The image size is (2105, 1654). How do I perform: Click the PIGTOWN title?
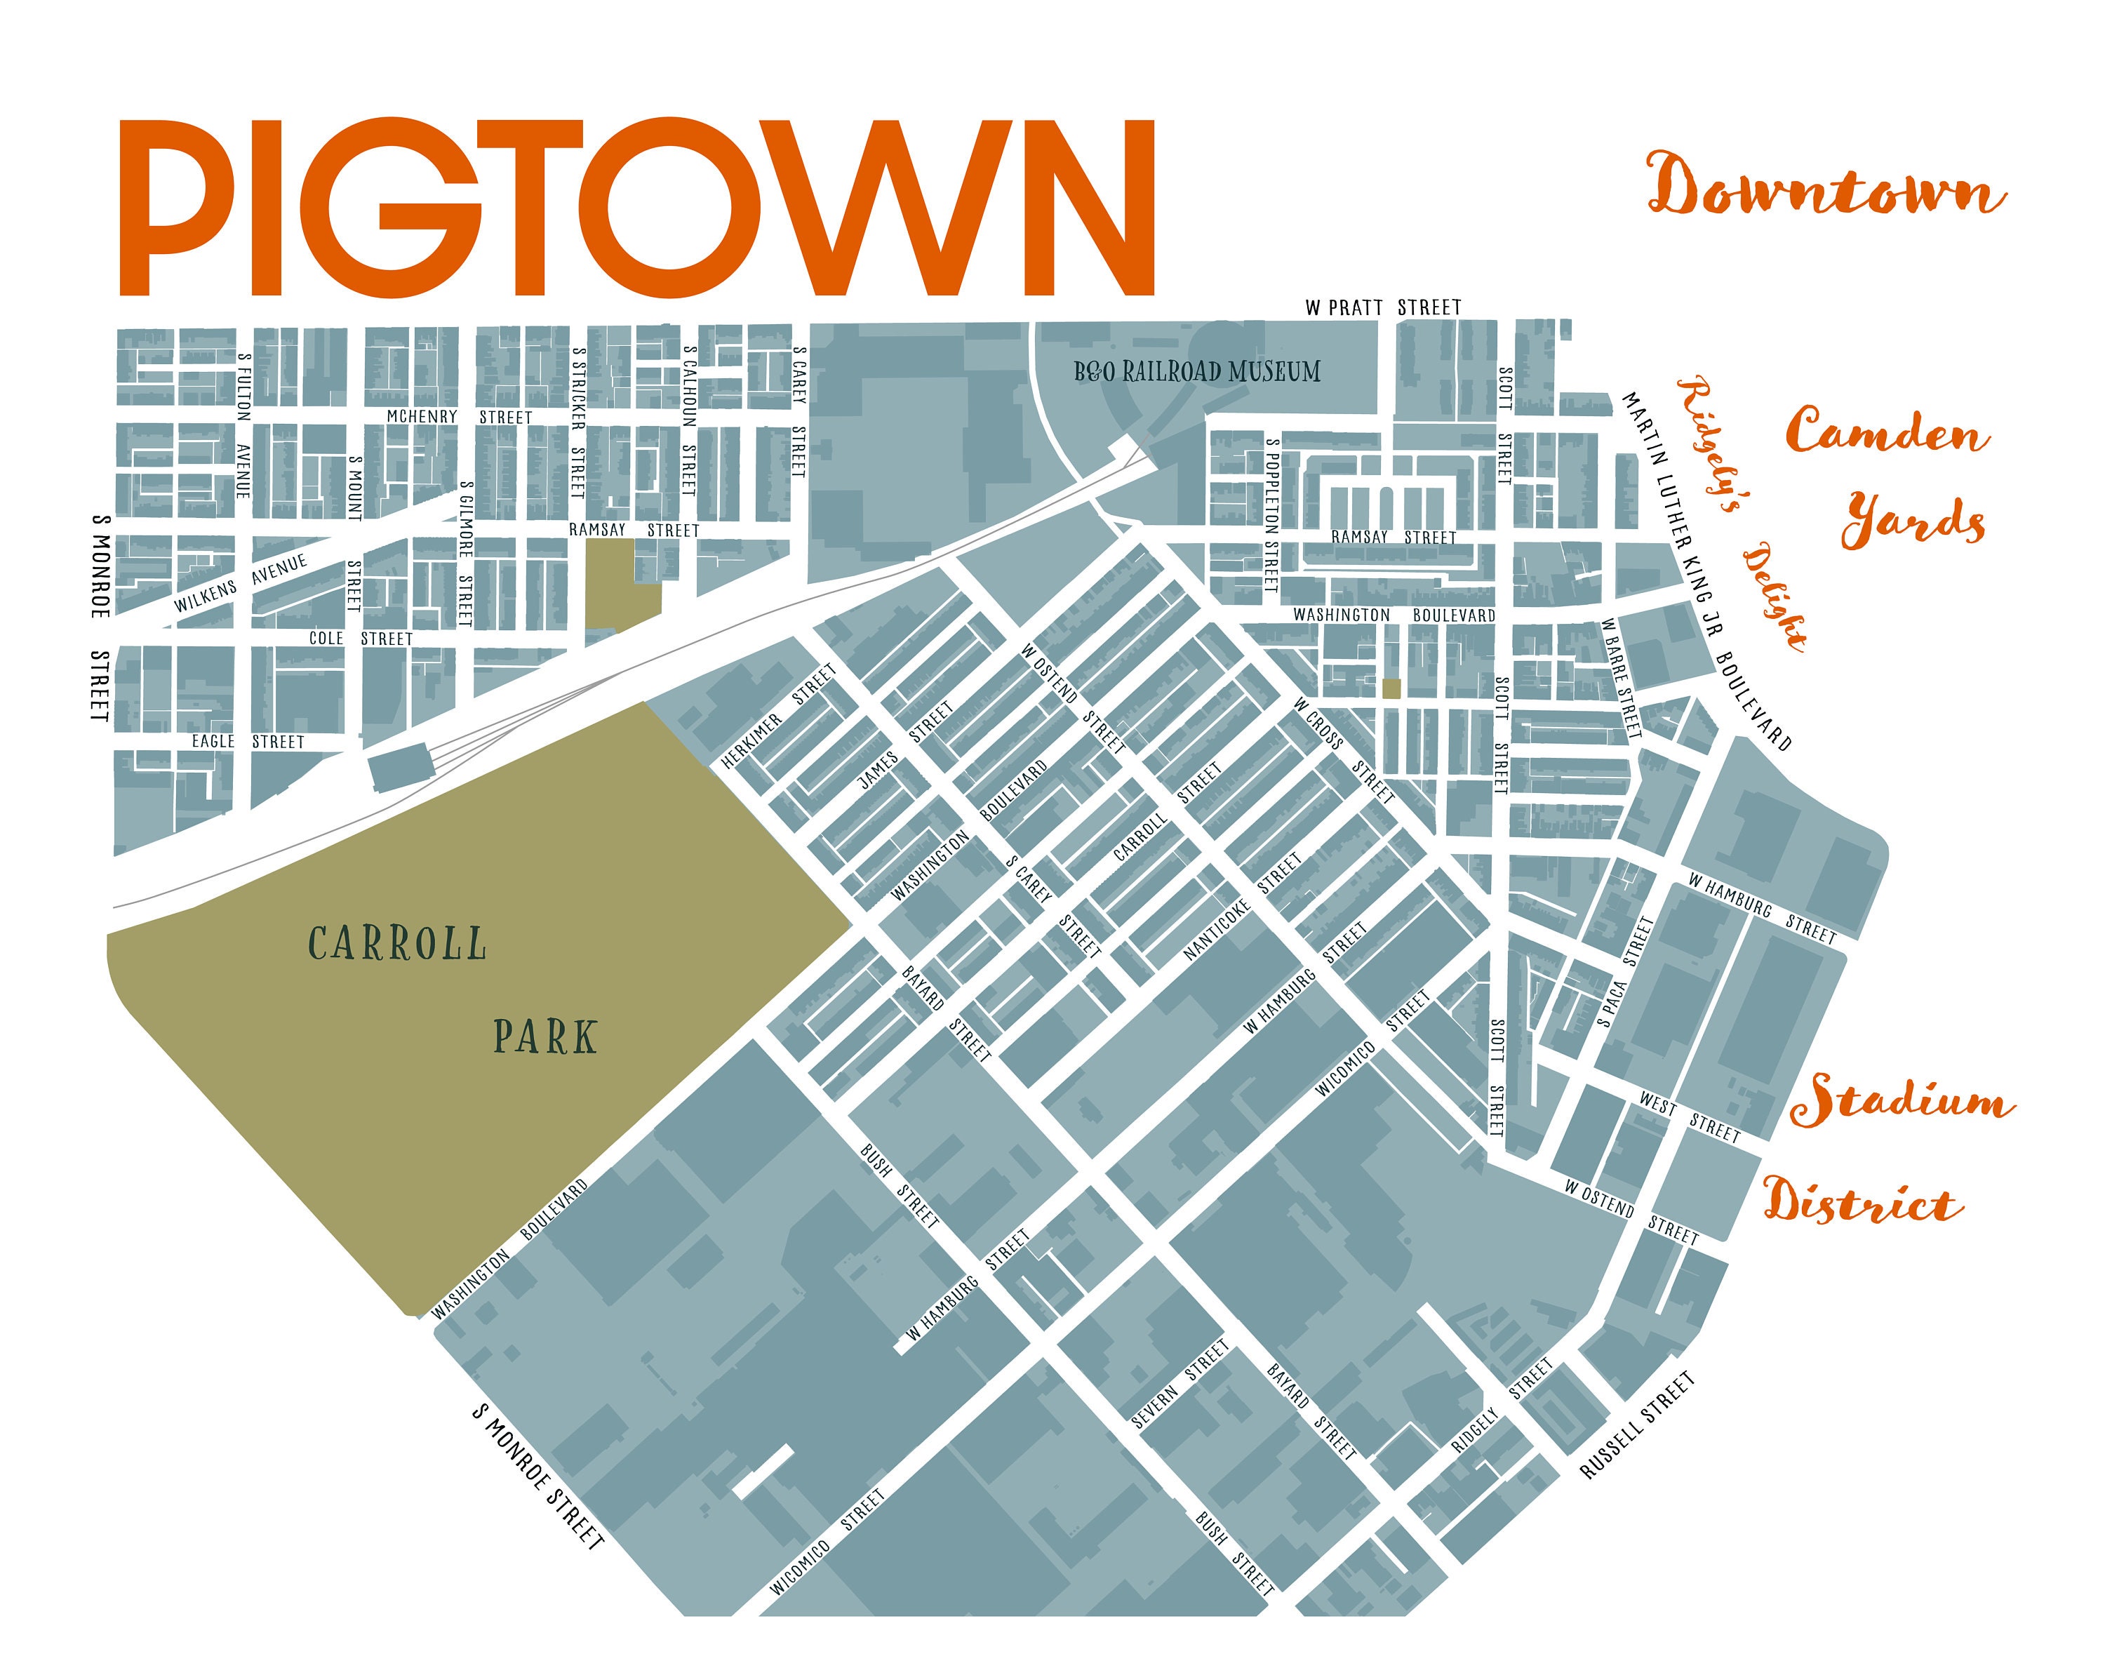tap(636, 207)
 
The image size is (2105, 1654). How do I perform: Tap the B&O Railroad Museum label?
tap(1197, 372)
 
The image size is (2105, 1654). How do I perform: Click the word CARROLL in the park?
tap(397, 944)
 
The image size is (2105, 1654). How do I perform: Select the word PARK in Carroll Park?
tap(545, 1037)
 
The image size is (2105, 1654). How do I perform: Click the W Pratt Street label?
tap(1383, 308)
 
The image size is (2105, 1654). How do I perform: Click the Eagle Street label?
tap(247, 742)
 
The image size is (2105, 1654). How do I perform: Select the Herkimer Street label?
tap(777, 716)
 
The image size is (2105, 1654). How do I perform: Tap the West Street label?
tap(1689, 1116)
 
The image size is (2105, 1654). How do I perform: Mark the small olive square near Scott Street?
tap(1391, 688)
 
